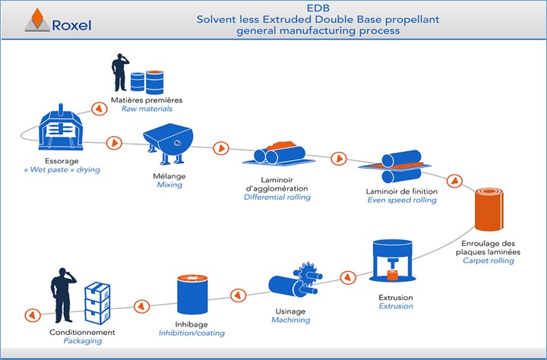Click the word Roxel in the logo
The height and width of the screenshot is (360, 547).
pyautogui.click(x=72, y=24)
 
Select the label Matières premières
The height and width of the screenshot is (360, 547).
pyautogui.click(x=151, y=100)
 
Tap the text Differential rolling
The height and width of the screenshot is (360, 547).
pyautogui.click(x=277, y=197)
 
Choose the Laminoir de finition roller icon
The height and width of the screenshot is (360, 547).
pyautogui.click(x=400, y=169)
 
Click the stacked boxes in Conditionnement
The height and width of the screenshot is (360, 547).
pyautogui.click(x=97, y=303)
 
